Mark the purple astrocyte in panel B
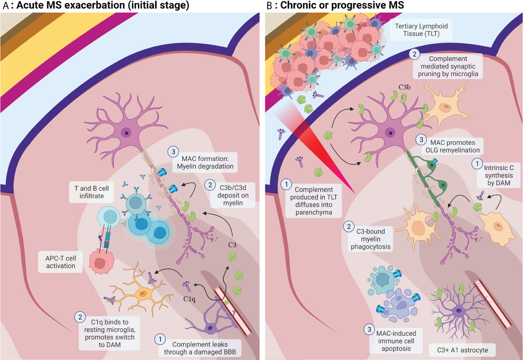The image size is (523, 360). tap(457, 310)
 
